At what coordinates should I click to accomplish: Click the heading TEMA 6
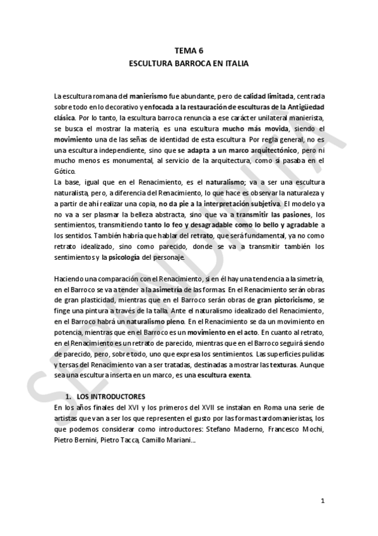click(x=189, y=52)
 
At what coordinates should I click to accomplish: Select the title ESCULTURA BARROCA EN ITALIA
click(x=189, y=64)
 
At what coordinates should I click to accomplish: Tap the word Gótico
click(x=64, y=171)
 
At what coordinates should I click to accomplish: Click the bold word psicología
click(x=127, y=258)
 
